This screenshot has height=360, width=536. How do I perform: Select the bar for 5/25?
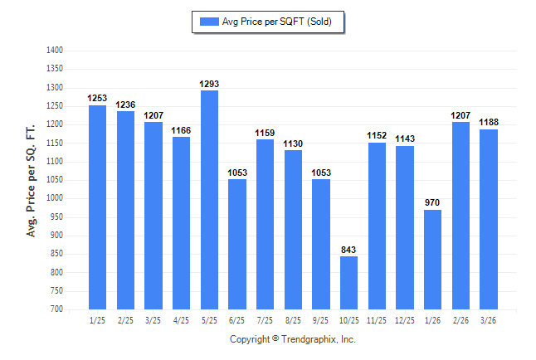tap(209, 200)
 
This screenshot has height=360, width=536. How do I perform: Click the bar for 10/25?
tap(348, 283)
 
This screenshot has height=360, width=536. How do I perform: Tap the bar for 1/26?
tap(432, 260)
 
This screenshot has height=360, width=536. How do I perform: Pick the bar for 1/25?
tap(97, 207)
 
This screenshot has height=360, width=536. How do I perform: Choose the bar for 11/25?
tap(377, 226)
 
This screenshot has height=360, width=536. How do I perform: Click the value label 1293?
tap(209, 84)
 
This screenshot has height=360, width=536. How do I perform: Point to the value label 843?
tap(348, 250)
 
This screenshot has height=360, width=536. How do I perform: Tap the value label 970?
tap(432, 202)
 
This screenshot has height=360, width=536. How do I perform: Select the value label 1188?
tap(489, 122)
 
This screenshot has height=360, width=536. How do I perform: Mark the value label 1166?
tap(181, 130)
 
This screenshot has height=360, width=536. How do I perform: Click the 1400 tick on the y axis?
tap(55, 51)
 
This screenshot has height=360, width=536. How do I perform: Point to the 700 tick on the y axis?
tap(56, 309)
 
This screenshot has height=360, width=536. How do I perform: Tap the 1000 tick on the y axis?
tap(55, 198)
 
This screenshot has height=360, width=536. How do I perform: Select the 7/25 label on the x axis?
tap(265, 320)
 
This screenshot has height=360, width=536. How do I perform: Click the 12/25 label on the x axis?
tap(405, 320)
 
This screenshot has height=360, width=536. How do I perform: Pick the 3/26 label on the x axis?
tap(488, 320)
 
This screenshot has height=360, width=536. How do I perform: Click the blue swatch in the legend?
tap(209, 22)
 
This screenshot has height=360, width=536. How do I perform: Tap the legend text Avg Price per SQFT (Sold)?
tap(277, 22)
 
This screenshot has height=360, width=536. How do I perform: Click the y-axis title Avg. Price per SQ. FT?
tap(31, 181)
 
